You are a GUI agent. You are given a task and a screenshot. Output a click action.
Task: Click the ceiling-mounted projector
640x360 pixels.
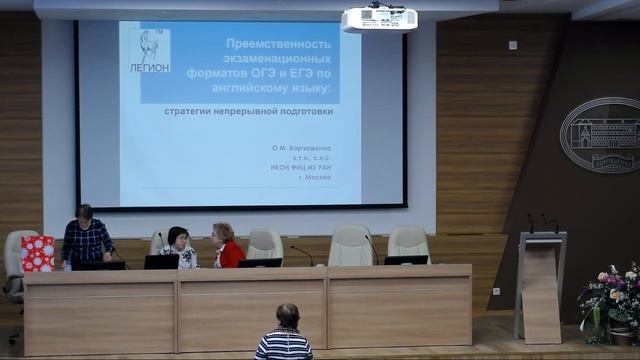coord(379,18)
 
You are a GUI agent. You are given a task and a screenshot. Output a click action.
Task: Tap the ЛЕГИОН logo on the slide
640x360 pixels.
coord(149,51)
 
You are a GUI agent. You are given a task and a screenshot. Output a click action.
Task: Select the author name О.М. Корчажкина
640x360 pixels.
coord(301,148)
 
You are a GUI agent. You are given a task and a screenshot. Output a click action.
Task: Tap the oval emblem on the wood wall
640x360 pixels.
coord(600,135)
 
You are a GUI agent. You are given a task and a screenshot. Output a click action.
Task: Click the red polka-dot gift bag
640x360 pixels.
coord(37,253)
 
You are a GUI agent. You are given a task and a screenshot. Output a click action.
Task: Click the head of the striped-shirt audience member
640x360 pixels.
coord(287,315)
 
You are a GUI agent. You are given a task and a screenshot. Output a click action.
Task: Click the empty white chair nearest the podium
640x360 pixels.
coord(408,242)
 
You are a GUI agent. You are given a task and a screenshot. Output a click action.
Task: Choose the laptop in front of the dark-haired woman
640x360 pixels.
coord(162,262)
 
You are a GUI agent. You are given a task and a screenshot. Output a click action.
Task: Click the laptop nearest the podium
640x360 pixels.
coord(406,260)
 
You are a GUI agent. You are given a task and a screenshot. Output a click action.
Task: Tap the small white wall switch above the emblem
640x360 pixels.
coord(512,45)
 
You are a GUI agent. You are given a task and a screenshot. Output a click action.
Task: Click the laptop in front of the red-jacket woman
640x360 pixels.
coord(260,263)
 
